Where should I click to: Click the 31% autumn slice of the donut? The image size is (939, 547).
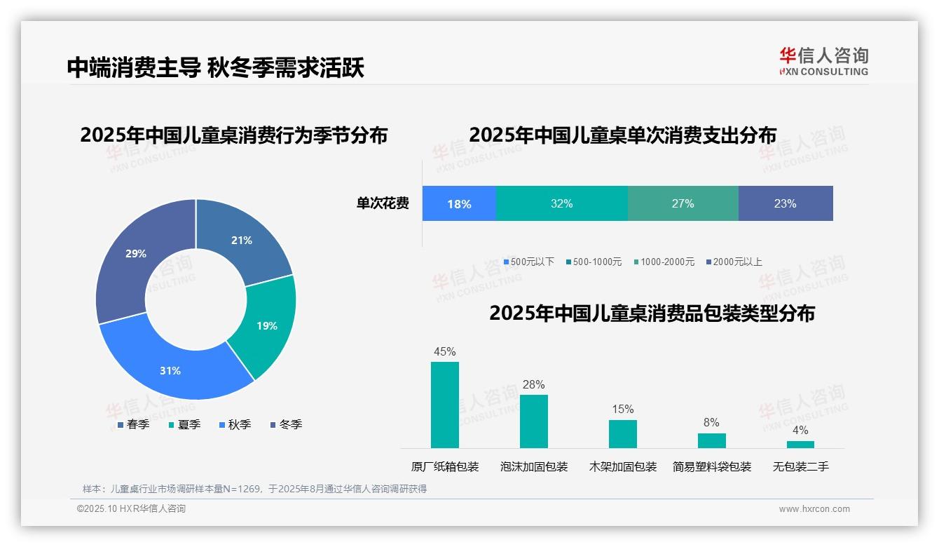pyautogui.click(x=170, y=370)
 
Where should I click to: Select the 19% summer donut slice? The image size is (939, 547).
pyautogui.click(x=267, y=325)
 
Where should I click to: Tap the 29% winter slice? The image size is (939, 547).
pyautogui.click(x=136, y=254)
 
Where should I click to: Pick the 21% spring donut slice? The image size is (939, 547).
pyautogui.click(x=242, y=241)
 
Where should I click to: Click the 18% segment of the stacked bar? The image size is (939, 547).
pyautogui.click(x=459, y=204)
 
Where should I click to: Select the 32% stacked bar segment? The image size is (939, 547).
pyautogui.click(x=561, y=204)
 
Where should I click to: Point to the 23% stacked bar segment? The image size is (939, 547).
pyautogui.click(x=785, y=204)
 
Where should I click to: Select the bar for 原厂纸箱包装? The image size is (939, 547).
pyautogui.click(x=445, y=405)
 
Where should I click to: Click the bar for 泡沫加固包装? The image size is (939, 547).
pyautogui.click(x=534, y=421)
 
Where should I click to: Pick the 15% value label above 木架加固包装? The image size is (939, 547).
pyautogui.click(x=622, y=409)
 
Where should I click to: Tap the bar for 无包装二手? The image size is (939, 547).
pyautogui.click(x=800, y=444)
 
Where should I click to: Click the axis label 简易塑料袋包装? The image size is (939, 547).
pyautogui.click(x=712, y=466)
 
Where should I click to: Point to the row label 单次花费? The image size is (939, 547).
pyautogui.click(x=383, y=204)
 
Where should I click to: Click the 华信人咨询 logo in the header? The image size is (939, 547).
pyautogui.click(x=823, y=61)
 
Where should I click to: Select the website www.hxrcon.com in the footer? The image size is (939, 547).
pyautogui.click(x=814, y=509)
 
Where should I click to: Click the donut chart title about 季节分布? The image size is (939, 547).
pyautogui.click(x=233, y=135)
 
